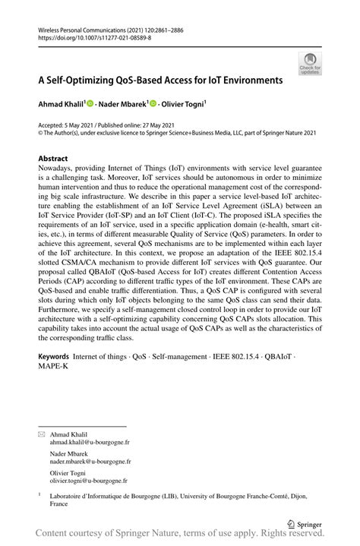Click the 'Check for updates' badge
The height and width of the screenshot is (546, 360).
click(309, 63)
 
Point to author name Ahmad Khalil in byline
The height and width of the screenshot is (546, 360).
click(62, 103)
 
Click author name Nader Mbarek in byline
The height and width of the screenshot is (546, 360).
click(122, 103)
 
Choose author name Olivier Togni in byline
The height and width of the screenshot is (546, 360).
click(182, 103)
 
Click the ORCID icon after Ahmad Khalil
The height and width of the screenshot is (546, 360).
click(90, 103)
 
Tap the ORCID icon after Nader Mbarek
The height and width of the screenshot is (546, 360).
click(152, 103)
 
